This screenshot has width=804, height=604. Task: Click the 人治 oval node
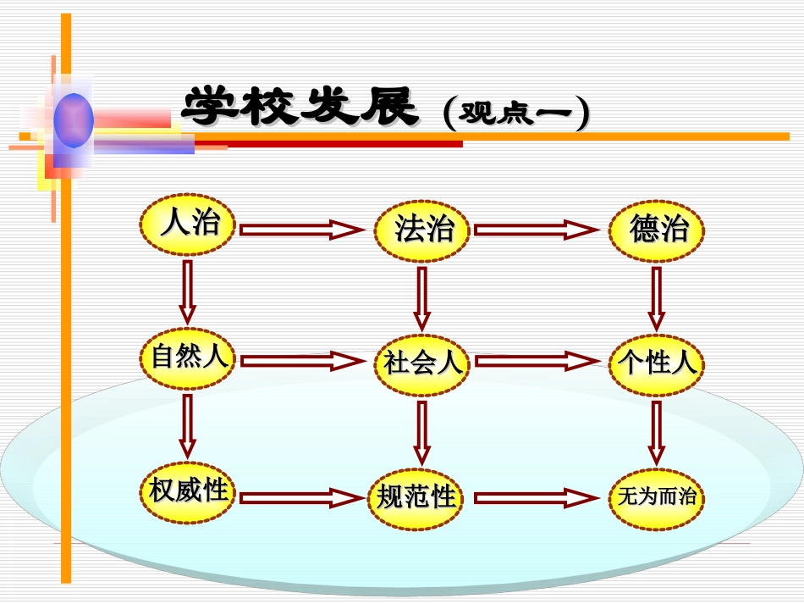187,224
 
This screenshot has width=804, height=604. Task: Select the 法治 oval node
422,230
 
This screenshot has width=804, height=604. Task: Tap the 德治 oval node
657,230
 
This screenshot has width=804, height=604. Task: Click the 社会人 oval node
422,363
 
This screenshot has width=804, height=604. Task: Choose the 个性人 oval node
657,363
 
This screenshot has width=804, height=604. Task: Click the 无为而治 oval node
657,497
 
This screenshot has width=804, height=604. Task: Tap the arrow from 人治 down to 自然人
187,291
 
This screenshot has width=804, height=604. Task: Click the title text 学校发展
301,108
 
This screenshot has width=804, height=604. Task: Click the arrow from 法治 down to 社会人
422,298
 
